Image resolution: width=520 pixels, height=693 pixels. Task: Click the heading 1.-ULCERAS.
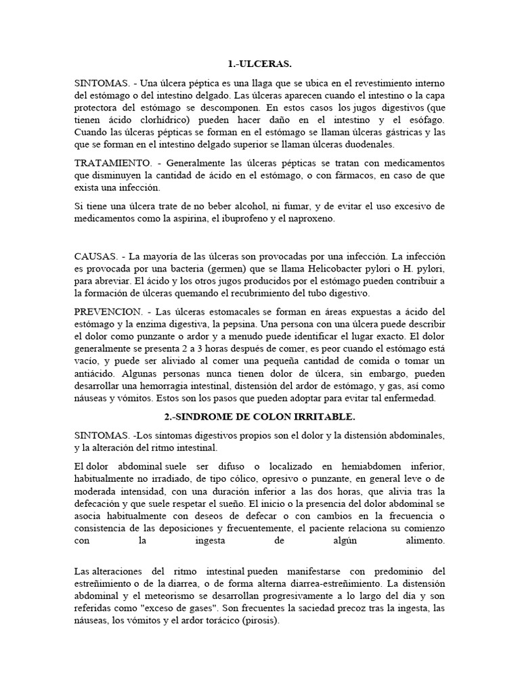point(259,64)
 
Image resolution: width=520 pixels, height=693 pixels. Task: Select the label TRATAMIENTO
point(112,163)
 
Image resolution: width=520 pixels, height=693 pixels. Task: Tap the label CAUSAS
point(95,256)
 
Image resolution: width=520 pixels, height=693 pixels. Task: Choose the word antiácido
point(95,373)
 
